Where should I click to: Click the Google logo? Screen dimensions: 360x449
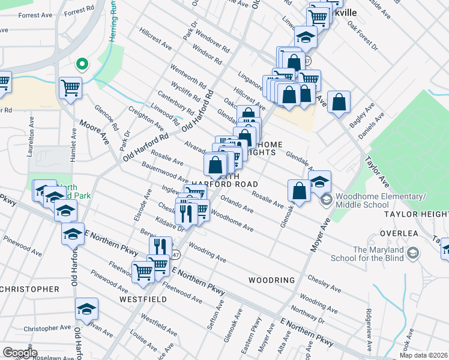pos(20,353)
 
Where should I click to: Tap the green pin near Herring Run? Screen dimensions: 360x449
pos(82,63)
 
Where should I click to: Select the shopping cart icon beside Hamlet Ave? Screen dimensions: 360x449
pos(70,88)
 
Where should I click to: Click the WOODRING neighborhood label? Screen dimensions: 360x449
pos(271,280)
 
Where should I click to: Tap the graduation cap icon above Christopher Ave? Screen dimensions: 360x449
pos(87,309)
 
